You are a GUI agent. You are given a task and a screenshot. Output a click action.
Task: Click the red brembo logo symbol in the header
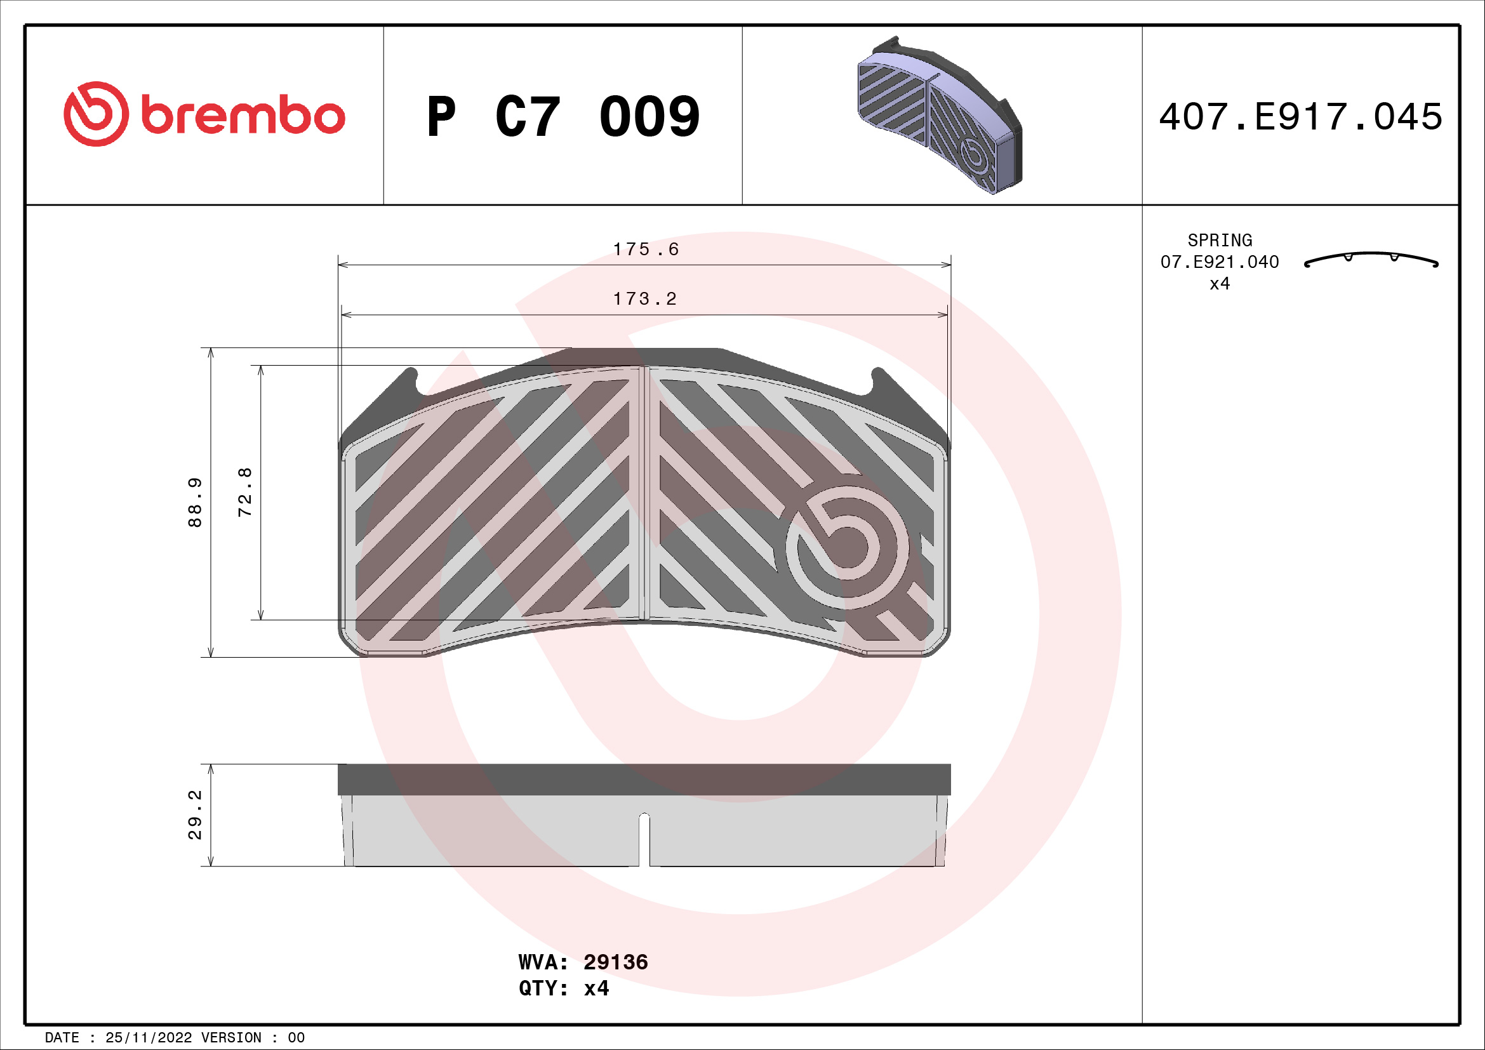click(96, 114)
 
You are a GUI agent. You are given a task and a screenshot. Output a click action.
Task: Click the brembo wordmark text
click(243, 116)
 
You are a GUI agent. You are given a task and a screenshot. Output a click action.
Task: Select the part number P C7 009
click(563, 117)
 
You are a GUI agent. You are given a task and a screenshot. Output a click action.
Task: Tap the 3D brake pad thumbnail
click(940, 116)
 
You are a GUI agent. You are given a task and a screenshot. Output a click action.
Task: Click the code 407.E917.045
click(1300, 117)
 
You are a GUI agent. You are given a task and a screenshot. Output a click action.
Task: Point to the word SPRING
click(1219, 241)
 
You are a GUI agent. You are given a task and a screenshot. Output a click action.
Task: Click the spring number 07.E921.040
click(1219, 262)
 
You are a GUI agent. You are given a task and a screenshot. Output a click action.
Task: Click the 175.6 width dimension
click(646, 249)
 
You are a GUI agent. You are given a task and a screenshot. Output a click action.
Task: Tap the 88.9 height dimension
click(195, 502)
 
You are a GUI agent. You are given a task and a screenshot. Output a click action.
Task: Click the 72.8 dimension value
click(245, 492)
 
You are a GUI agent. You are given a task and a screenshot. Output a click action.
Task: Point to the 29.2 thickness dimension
click(195, 814)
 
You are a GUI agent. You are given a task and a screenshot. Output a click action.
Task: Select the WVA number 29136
click(615, 962)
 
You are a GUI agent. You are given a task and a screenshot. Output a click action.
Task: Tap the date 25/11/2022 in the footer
click(148, 1038)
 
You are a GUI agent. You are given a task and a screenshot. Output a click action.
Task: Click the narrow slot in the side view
click(644, 839)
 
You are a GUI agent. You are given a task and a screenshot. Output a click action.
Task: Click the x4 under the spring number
click(1219, 284)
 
